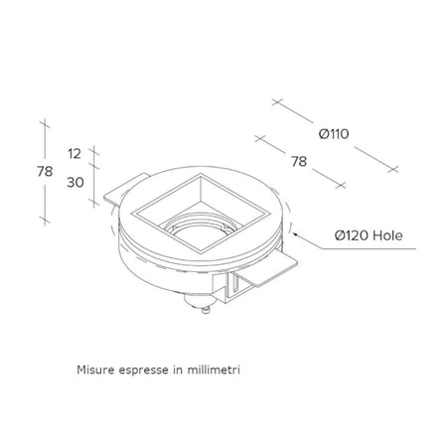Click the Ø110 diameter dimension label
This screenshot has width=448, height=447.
coord(334,134)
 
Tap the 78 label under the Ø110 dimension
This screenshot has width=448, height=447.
coord(299,162)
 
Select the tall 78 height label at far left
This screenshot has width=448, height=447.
coord(45,172)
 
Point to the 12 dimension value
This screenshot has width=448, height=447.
coord(75,154)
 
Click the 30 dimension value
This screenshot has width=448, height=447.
coord(75,182)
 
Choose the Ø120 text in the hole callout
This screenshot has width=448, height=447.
coord(352,235)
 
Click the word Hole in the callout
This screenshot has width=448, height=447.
coord(387,235)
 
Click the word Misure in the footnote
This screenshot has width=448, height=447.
coord(95,370)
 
